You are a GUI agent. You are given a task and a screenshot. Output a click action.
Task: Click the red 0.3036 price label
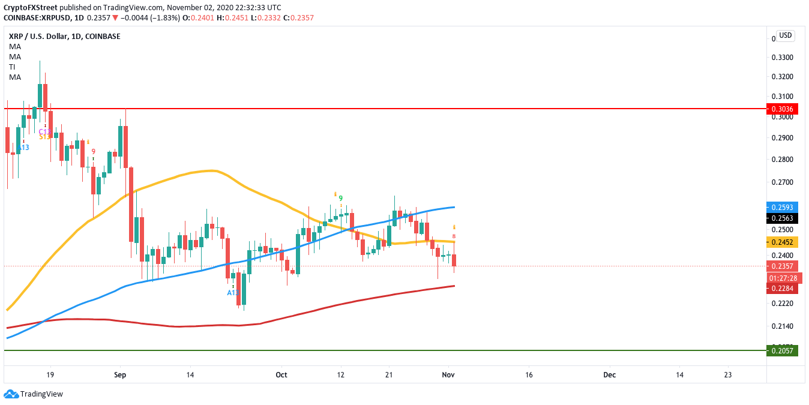[783, 109]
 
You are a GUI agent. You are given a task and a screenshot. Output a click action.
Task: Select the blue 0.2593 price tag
[783, 207]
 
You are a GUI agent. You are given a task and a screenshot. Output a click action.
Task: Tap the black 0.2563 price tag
[783, 218]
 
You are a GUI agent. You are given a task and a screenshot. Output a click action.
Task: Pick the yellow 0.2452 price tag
[783, 242]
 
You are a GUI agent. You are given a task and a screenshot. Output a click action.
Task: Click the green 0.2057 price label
[783, 350]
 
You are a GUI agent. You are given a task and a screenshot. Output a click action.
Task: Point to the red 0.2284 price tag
[783, 289]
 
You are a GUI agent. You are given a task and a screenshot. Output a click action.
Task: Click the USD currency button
[786, 35]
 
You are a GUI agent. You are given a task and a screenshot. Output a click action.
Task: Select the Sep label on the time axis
[120, 375]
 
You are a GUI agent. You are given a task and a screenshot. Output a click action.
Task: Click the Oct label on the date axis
[281, 375]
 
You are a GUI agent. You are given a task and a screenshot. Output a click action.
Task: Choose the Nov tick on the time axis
[448, 375]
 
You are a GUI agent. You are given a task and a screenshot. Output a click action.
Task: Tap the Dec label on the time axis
[610, 375]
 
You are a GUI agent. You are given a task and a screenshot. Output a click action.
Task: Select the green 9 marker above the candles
[341, 198]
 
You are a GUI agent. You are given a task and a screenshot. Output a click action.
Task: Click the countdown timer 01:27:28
[783, 278]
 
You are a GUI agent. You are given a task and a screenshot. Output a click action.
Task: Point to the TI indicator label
[12, 67]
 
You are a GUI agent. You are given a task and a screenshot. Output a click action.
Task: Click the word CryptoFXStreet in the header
[31, 7]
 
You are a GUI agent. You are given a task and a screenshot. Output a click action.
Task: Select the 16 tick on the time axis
[529, 375]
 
